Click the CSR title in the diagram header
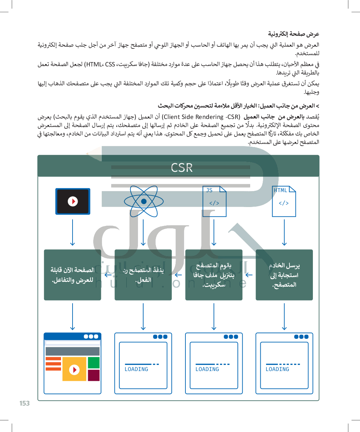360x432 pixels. (182, 167)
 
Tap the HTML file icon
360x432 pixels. (284, 201)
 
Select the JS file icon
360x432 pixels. (214, 201)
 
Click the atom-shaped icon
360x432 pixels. (144, 201)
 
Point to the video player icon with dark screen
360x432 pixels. (73, 201)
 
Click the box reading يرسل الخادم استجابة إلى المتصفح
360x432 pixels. (284, 275)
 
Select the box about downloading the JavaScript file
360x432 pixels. (214, 275)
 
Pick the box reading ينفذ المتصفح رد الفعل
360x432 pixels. (143, 275)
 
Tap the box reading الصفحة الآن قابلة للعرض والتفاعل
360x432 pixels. (73, 275)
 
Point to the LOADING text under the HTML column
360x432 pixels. (277, 369)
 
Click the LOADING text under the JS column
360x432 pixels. (207, 369)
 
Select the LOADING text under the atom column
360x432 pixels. (136, 369)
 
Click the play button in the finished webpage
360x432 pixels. (74, 369)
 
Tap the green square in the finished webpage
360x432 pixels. (94, 363)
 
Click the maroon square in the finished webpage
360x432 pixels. (94, 375)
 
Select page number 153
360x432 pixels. (24, 403)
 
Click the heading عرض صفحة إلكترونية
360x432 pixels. (294, 34)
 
